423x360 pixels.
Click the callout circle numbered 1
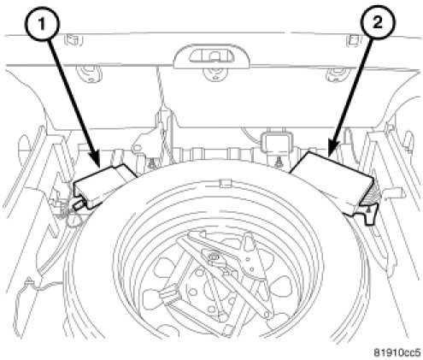42,24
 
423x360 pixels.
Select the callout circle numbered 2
378,22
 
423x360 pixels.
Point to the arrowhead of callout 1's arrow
95,160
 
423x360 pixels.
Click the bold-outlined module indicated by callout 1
104,186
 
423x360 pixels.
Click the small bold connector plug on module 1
79,204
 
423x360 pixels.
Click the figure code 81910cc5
397,352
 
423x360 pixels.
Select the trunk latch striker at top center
211,56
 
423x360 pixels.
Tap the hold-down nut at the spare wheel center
213,258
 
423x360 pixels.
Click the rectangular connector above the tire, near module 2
276,142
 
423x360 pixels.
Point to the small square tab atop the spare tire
225,183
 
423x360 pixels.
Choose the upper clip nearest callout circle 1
73,40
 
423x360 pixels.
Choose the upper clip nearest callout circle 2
353,40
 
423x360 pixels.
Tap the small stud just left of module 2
278,162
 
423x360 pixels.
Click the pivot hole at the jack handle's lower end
267,314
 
